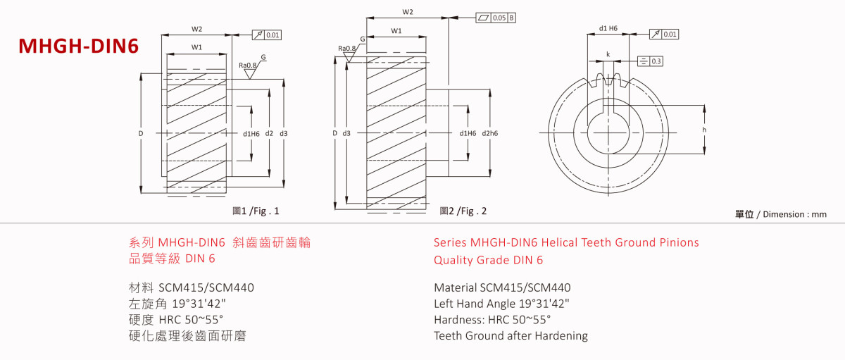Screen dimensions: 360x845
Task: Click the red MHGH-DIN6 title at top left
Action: point(78,46)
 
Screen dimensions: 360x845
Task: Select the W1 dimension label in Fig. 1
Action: point(196,47)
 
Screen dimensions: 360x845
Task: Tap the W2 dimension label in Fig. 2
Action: point(407,12)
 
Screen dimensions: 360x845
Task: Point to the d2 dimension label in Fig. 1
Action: point(269,133)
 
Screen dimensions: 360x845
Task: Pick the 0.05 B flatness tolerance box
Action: point(496,17)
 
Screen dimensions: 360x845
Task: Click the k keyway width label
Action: point(608,54)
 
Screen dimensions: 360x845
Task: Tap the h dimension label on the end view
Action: point(705,130)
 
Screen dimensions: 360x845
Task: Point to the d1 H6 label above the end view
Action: point(608,29)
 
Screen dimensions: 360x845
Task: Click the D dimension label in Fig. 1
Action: point(141,133)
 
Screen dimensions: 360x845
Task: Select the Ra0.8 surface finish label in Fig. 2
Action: point(346,49)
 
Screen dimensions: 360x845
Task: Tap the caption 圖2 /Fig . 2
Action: point(463,211)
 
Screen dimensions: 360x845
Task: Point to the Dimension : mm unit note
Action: point(781,214)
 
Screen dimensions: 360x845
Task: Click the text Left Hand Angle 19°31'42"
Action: point(501,304)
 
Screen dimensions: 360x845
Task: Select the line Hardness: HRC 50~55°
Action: point(492,320)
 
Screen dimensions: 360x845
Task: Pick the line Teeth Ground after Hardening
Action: point(511,335)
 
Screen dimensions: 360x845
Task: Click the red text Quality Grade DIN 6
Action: point(488,259)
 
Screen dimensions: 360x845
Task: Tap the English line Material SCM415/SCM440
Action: point(502,287)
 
